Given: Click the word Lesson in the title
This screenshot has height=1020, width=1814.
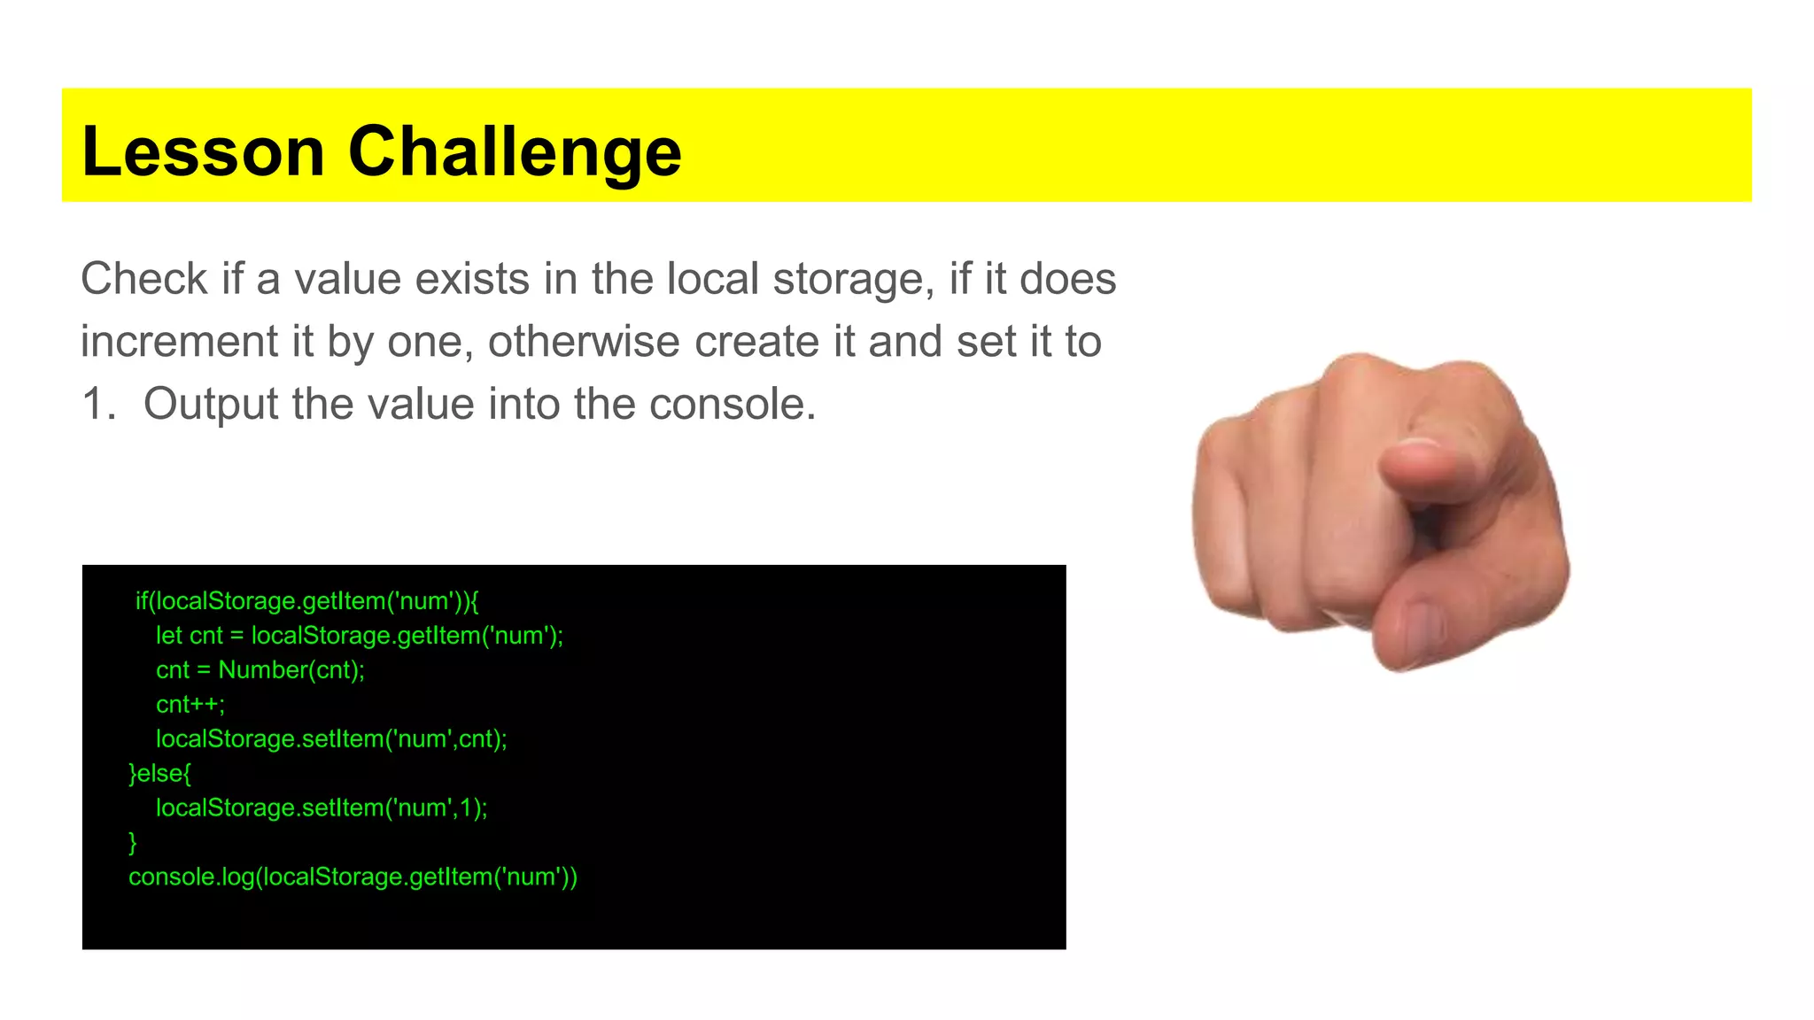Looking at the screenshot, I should coord(203,151).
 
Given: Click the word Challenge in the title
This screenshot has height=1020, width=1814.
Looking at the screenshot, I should coord(515,151).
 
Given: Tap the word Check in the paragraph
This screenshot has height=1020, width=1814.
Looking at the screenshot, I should coord(144,279).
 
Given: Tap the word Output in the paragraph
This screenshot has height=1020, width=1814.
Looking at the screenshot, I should coord(211,404).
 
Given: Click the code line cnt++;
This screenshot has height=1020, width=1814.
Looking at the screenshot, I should coord(190,705).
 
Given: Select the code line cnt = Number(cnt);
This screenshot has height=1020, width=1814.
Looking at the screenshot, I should coord(260,670).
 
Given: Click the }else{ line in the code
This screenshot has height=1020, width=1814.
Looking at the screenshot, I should coord(160,774).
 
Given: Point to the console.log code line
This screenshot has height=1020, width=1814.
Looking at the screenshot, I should coord(353,877).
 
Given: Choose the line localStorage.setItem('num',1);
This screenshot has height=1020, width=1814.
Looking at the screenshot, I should coord(322,808).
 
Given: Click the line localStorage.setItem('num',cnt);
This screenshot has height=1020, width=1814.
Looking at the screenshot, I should coord(331,739).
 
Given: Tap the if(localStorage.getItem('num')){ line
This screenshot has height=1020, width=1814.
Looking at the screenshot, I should coord(306,601).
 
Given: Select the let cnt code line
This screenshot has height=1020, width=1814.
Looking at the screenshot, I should coord(360,636).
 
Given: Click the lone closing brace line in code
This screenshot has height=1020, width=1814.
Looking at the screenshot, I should coord(133,842).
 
